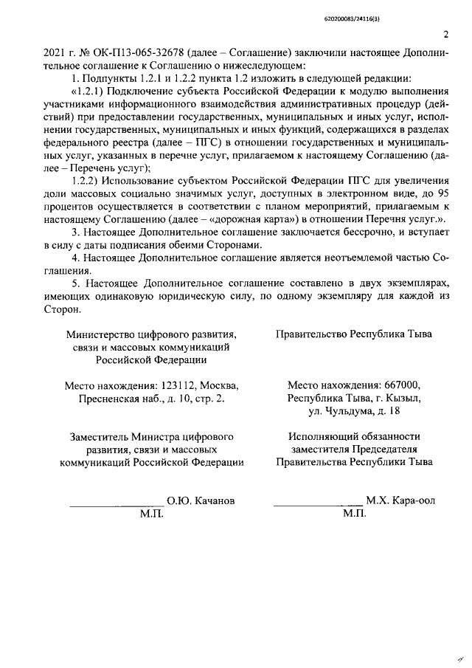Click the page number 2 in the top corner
pyautogui.click(x=445, y=33)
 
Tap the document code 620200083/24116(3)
pyautogui.click(x=411, y=12)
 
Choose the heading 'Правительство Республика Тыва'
pyautogui.click(x=353, y=334)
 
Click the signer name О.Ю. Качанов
pyautogui.click(x=201, y=500)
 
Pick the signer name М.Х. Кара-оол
pyautogui.click(x=400, y=500)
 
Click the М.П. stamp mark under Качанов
pyautogui.click(x=151, y=512)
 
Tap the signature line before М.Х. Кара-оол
pyautogui.click(x=318, y=503)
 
